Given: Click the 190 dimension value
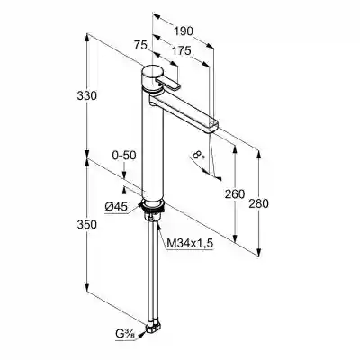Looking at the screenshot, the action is [184, 31].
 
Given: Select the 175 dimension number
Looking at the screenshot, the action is [181, 50].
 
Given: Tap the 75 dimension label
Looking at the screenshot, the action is [140, 45].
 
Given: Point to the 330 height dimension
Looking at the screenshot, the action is [87, 96].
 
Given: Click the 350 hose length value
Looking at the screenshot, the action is [87, 224].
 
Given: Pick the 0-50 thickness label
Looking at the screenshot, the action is [124, 155].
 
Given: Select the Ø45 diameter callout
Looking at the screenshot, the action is [116, 206].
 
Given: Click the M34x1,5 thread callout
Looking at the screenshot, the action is [190, 244].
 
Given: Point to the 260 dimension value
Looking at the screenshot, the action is [235, 194].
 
